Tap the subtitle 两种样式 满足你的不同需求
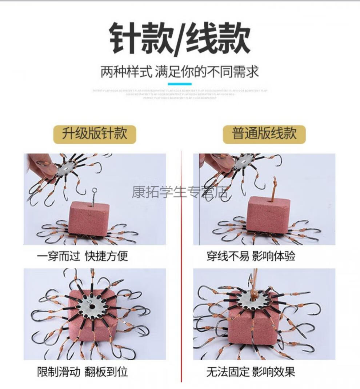(180, 72)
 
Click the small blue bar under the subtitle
(180, 84)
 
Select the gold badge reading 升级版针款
(94, 134)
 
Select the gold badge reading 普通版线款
(264, 134)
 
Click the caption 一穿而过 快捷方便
(83, 256)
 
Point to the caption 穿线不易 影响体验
(251, 256)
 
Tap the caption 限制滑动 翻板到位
(83, 372)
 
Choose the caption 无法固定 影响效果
(251, 372)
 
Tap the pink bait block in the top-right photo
(268, 214)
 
